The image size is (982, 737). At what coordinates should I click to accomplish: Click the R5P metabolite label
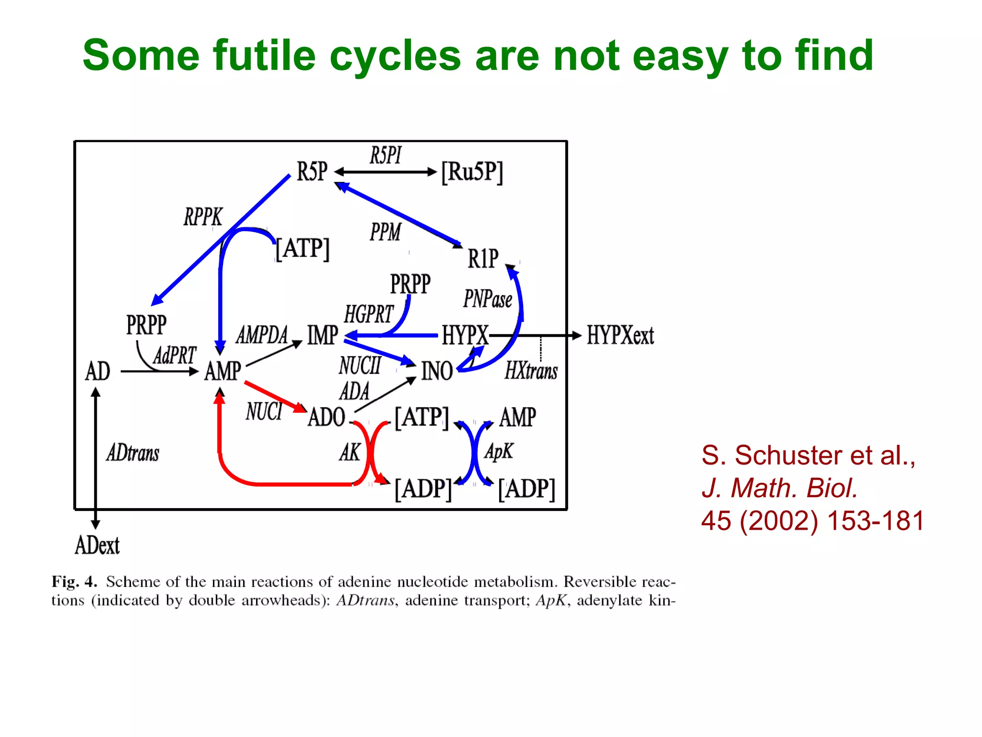coord(312,172)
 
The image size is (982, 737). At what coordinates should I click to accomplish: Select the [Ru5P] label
coord(472,172)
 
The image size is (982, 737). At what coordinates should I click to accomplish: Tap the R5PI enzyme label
coord(386,155)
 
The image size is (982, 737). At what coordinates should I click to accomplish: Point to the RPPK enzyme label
coord(203,217)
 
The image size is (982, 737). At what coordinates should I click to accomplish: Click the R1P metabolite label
coord(483,259)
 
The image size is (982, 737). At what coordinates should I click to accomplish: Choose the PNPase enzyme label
coord(488,299)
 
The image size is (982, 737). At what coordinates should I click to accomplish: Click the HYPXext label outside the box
coord(620,335)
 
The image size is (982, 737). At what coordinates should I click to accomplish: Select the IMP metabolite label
coord(323,335)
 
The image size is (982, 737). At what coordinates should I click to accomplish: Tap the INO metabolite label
coord(437,371)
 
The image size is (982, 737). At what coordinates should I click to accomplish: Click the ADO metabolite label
coord(327,417)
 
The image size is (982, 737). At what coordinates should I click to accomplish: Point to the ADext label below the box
coord(97,546)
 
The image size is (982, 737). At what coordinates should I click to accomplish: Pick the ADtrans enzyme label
coord(133,452)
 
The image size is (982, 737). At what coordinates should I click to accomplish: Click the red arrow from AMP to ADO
coord(275,396)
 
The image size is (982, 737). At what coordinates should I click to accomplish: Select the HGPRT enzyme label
coord(369,314)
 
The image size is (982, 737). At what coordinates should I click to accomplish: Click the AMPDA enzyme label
coord(262,335)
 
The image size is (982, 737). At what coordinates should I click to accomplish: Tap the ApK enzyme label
coord(499,452)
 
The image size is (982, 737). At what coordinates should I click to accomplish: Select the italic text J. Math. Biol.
coord(780,488)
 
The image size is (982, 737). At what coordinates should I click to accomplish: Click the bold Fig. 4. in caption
coord(74,582)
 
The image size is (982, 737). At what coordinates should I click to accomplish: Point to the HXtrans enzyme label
coord(531,371)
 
